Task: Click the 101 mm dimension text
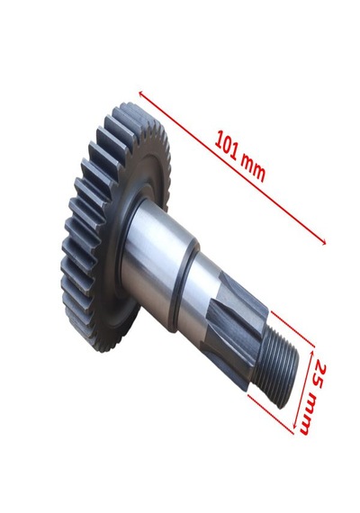pos(240,157)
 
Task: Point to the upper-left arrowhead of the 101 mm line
pos(141,94)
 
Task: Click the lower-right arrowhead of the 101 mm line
pos(323,242)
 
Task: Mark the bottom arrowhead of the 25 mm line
pos(295,426)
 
